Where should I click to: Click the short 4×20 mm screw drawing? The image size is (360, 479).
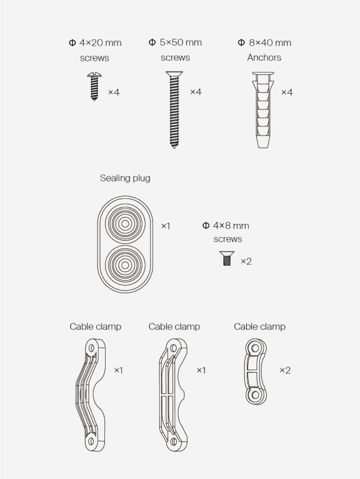pyautogui.click(x=94, y=86)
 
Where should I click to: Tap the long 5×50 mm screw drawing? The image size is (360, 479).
pyautogui.click(x=174, y=109)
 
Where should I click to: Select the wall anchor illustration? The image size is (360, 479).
pyautogui.click(x=263, y=110)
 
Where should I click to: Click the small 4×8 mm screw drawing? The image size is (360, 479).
pyautogui.click(x=227, y=258)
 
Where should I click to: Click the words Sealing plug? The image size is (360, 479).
pyautogui.click(x=125, y=178)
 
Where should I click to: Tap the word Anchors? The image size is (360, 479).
pyautogui.click(x=264, y=58)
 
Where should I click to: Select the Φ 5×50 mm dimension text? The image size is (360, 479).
pyautogui.click(x=175, y=43)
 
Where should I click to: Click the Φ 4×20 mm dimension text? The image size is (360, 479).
pyautogui.click(x=95, y=43)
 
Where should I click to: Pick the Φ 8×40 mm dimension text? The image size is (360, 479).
pyautogui.click(x=264, y=43)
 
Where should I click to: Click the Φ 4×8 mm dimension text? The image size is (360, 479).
pyautogui.click(x=226, y=226)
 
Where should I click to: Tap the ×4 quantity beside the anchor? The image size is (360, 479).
pyautogui.click(x=287, y=93)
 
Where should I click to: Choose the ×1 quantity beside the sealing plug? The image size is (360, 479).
pyautogui.click(x=166, y=226)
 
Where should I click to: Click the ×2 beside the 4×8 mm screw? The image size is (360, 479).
pyautogui.click(x=246, y=261)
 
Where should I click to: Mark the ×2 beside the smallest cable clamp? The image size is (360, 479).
pyautogui.click(x=285, y=371)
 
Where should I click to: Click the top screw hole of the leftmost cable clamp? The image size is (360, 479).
pyautogui.click(x=91, y=348)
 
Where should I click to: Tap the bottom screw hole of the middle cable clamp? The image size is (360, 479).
pyautogui.click(x=173, y=441)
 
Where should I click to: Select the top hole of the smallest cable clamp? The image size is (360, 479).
pyautogui.click(x=255, y=348)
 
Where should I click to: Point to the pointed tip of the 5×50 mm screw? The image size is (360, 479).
pyautogui.click(x=174, y=148)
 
